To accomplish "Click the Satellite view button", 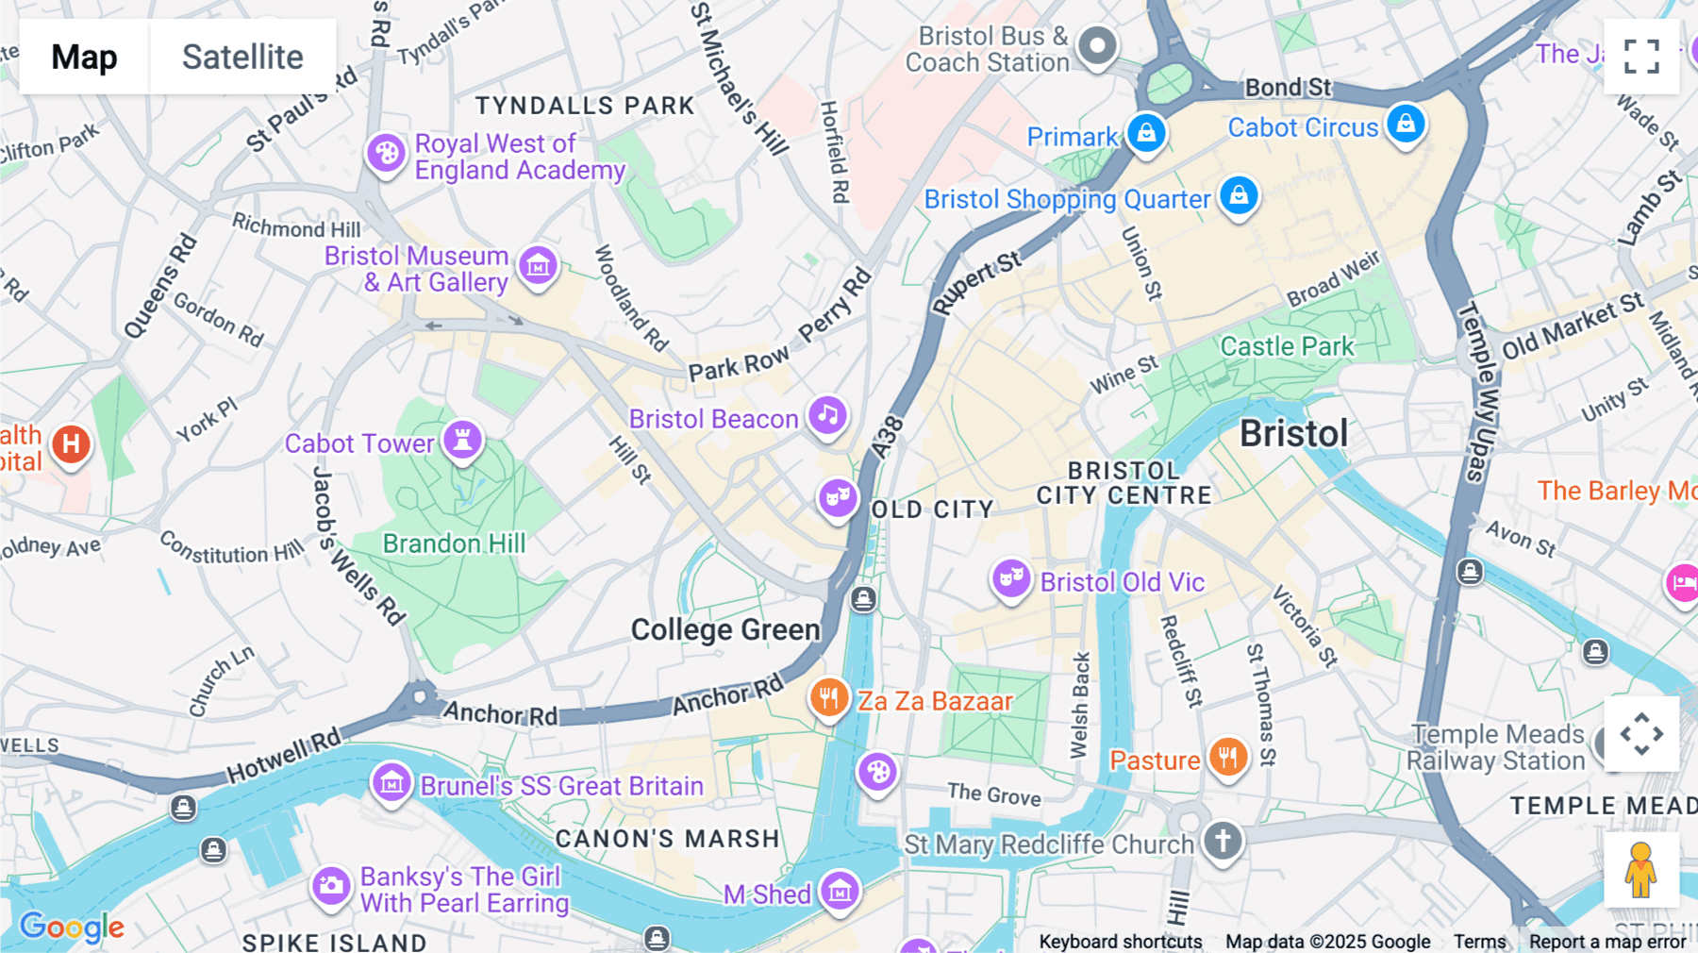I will point(242,57).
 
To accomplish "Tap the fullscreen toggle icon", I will point(1641,57).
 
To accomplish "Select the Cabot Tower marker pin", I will point(462,440).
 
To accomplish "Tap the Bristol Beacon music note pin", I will point(827,416).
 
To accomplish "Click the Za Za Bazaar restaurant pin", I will point(828,699).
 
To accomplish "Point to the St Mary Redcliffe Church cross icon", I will point(1223,840).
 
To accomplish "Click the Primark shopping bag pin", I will point(1146,133).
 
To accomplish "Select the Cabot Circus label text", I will point(1303,127).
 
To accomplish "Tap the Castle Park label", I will point(1287,346).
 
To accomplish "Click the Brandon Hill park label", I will point(454,543).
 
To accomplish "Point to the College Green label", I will point(724,629).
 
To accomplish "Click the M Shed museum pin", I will point(839,891).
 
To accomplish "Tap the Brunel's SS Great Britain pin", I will point(391,782).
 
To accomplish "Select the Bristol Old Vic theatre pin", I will point(1010,577).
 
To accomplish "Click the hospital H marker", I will point(71,444).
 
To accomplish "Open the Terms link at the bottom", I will point(1479,942).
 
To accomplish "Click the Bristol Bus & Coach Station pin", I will point(1097,46).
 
